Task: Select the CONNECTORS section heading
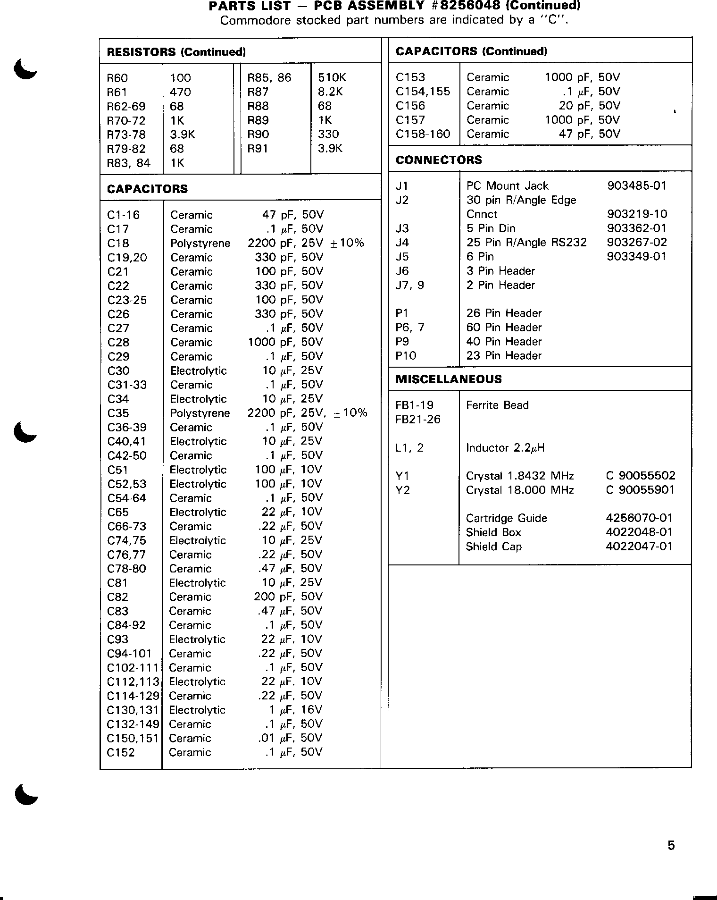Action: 439,160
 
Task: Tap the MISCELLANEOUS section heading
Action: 449,379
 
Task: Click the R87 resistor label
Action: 258,92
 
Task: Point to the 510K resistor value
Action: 332,78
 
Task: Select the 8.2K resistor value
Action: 330,92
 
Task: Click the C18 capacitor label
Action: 118,244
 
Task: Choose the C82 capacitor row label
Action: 118,597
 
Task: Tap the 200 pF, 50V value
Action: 288,597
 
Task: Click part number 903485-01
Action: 637,185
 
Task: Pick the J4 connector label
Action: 402,243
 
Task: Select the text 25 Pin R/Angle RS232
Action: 526,243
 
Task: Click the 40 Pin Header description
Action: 504,342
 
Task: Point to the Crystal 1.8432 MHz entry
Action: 520,476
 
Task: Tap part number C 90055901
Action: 640,490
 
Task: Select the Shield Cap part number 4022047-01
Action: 639,547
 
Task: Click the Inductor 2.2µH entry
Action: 505,448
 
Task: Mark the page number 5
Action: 671,845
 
